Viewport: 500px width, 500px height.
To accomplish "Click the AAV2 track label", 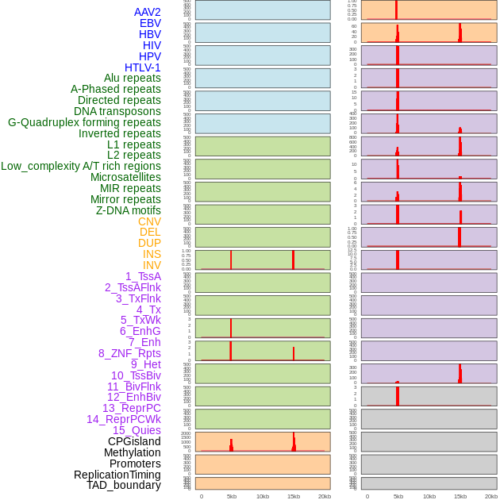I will [147, 12].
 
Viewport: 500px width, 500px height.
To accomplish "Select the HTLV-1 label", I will [142, 67].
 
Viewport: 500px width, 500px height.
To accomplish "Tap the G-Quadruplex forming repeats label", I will [84, 122].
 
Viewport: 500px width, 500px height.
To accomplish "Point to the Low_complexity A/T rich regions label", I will [81, 166].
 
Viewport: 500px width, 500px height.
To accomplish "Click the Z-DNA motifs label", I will [128, 210].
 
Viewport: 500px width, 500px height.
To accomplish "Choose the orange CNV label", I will [149, 221].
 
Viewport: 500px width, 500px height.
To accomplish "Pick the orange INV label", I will [152, 265].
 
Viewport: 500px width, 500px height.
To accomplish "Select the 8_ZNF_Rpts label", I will [129, 353].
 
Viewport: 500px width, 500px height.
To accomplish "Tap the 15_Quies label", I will [137, 430].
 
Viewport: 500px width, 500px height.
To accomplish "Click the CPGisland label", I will [134, 441].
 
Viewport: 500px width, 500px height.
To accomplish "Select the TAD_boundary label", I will [123, 485].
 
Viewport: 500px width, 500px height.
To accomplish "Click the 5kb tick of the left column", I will [232, 496].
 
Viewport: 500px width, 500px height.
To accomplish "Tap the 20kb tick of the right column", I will [491, 496].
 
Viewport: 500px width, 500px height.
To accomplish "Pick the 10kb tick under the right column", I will [429, 496].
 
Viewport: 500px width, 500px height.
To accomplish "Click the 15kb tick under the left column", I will [294, 496].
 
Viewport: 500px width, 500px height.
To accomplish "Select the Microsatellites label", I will [125, 177].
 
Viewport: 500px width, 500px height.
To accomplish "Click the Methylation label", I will [132, 452].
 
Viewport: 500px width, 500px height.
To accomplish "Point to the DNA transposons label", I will [117, 111].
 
